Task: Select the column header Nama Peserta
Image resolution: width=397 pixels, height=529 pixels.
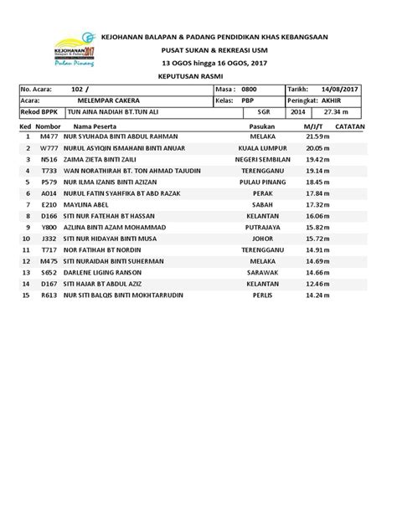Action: (95, 125)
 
